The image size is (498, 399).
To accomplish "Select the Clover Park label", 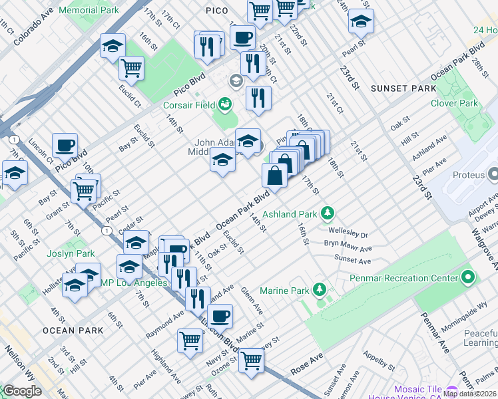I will click(454, 104).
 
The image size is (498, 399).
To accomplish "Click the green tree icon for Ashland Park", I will click(327, 213).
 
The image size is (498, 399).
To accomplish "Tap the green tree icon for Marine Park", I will click(320, 289).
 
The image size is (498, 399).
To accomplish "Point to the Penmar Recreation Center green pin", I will click(468, 277).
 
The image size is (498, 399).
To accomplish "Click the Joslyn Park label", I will click(71, 253).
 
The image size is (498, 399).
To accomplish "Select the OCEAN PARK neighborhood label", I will click(73, 330).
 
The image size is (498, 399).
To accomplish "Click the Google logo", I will click(22, 391).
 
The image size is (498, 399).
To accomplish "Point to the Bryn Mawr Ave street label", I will click(346, 243).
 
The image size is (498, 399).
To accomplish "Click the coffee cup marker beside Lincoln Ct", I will click(65, 145).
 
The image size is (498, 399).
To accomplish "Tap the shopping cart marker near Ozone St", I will click(251, 361).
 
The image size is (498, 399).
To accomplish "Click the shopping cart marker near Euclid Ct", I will click(131, 67).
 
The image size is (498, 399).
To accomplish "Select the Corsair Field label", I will click(190, 105).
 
